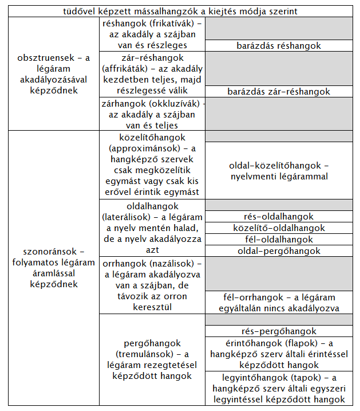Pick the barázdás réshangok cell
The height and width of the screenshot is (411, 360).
(279, 46)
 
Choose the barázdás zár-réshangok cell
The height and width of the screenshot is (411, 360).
(279, 91)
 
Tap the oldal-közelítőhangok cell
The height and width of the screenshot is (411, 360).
(279, 171)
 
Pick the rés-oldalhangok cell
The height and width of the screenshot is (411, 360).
(279, 217)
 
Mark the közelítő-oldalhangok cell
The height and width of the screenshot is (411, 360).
(279, 228)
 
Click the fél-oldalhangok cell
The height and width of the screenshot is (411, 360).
(279, 240)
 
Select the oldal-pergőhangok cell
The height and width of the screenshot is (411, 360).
(279, 251)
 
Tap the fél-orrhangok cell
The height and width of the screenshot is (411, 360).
(279, 303)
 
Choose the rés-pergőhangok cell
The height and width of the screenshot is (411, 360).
(279, 331)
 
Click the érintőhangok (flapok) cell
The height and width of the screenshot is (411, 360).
(279, 354)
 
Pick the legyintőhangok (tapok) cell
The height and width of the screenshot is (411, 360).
(279, 388)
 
